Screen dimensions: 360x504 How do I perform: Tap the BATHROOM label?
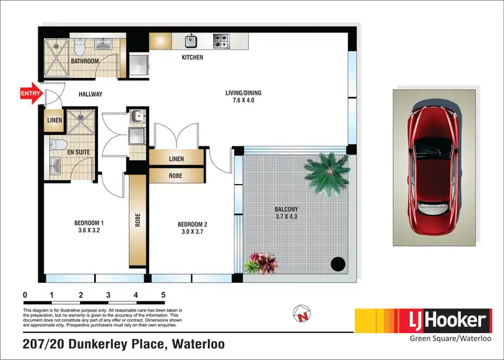tap(85, 61)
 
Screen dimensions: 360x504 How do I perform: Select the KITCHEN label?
tap(192, 58)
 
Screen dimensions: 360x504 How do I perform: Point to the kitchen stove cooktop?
tap(222, 40)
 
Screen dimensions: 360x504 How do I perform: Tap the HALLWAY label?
tap(90, 94)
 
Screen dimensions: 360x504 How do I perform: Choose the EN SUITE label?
tap(79, 153)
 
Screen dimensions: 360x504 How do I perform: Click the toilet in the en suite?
tap(58, 145)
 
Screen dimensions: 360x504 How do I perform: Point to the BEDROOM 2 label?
tap(193, 224)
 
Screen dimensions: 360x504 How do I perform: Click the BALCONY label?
tap(286, 210)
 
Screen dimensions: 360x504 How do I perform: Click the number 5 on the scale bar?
tap(163, 295)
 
